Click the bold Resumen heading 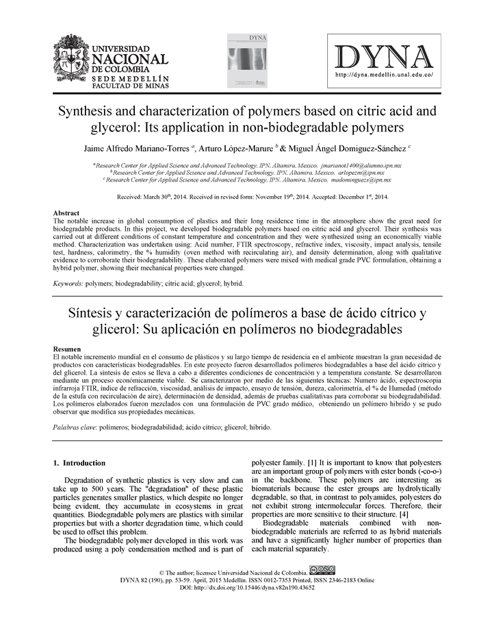68,349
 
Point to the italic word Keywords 68,283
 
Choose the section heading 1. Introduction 79,462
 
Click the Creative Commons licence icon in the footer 322,569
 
